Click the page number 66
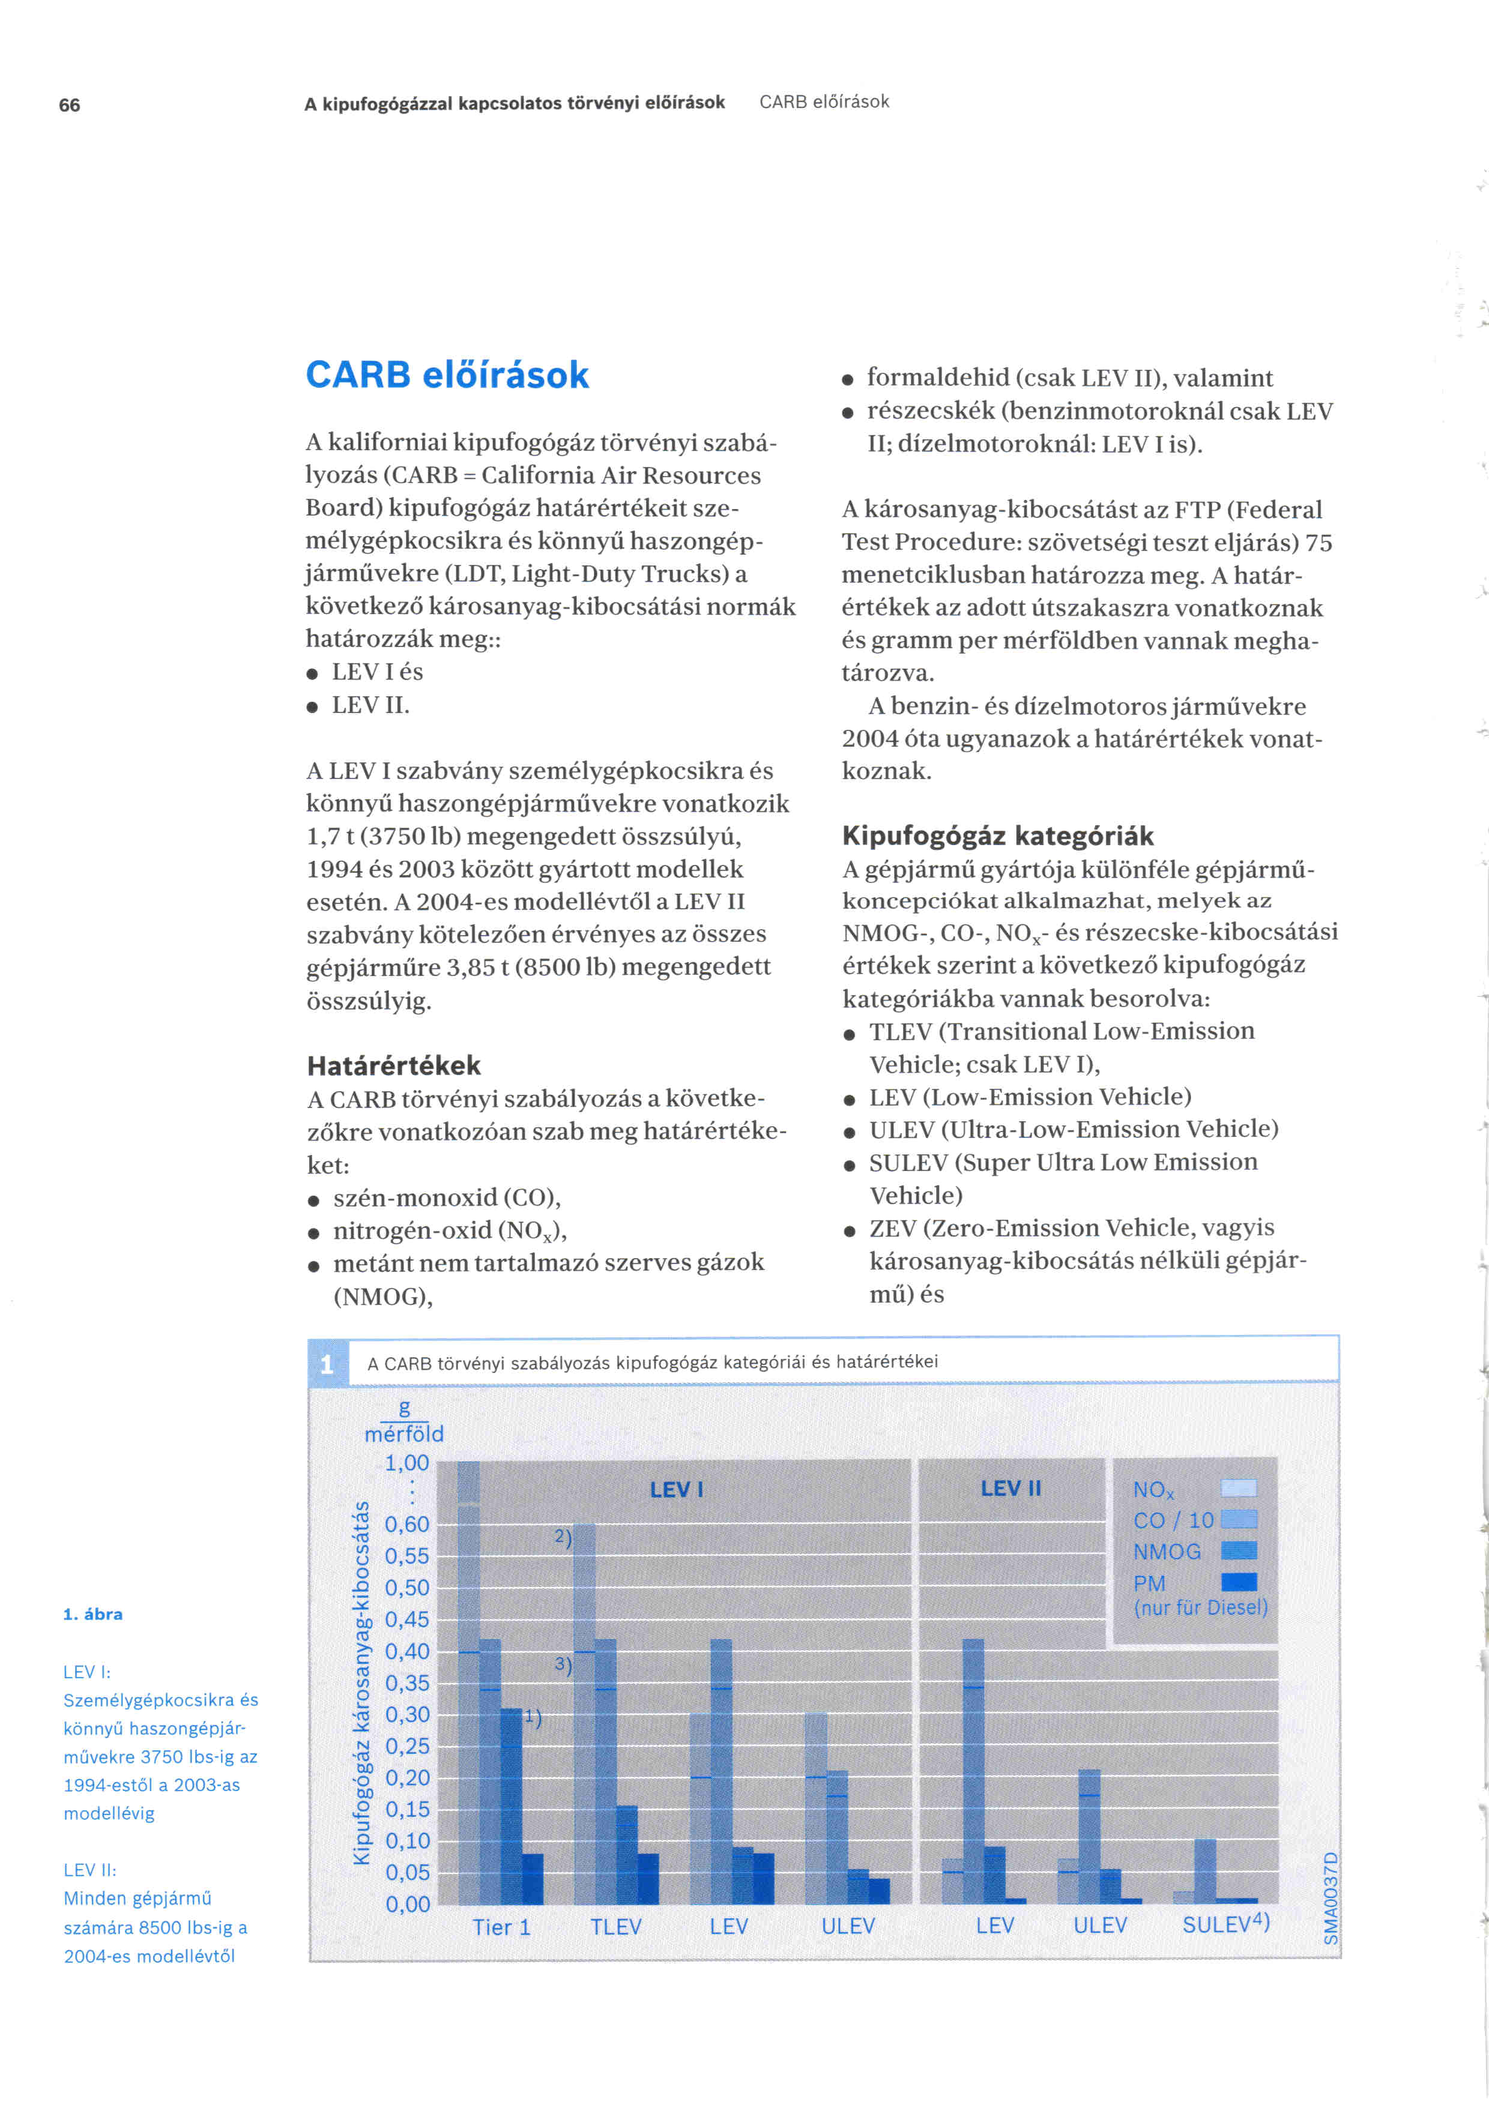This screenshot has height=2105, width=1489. [x=69, y=106]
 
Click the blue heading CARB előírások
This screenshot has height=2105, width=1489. [x=447, y=375]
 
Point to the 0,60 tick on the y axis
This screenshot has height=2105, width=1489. [x=406, y=1524]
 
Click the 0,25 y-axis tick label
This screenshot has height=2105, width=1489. [x=406, y=1747]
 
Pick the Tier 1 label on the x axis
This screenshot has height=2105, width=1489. [x=501, y=1927]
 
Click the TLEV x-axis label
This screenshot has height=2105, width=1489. [x=615, y=1927]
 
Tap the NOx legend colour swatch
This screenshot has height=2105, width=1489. [x=1239, y=1488]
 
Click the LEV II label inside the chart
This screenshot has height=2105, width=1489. [x=1010, y=1488]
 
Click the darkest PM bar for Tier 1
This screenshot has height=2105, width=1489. [x=532, y=1879]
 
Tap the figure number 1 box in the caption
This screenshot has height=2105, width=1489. [x=327, y=1365]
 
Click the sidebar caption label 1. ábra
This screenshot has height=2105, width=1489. [x=92, y=1615]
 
